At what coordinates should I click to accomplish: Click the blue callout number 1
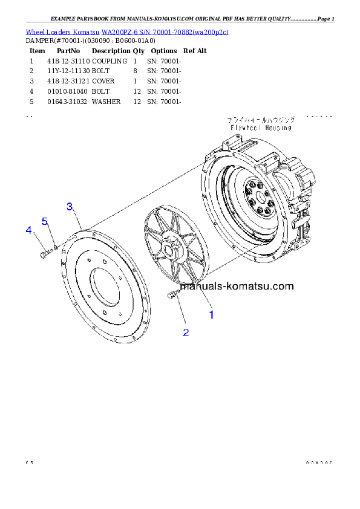tap(211, 314)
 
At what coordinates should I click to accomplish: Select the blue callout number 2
tap(186, 332)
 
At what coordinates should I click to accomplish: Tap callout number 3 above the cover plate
tap(70, 207)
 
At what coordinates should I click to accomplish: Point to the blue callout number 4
tap(28, 230)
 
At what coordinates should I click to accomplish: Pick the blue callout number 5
tap(45, 221)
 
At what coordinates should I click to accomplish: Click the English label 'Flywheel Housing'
tap(261, 128)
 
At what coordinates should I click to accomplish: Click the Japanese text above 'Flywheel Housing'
tap(261, 120)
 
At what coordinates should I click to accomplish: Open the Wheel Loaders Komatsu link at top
tap(127, 31)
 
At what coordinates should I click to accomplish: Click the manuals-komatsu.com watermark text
tap(245, 287)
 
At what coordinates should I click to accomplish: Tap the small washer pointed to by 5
tap(56, 247)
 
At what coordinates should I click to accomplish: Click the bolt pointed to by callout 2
tap(172, 294)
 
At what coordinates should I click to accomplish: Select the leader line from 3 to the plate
tap(77, 218)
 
